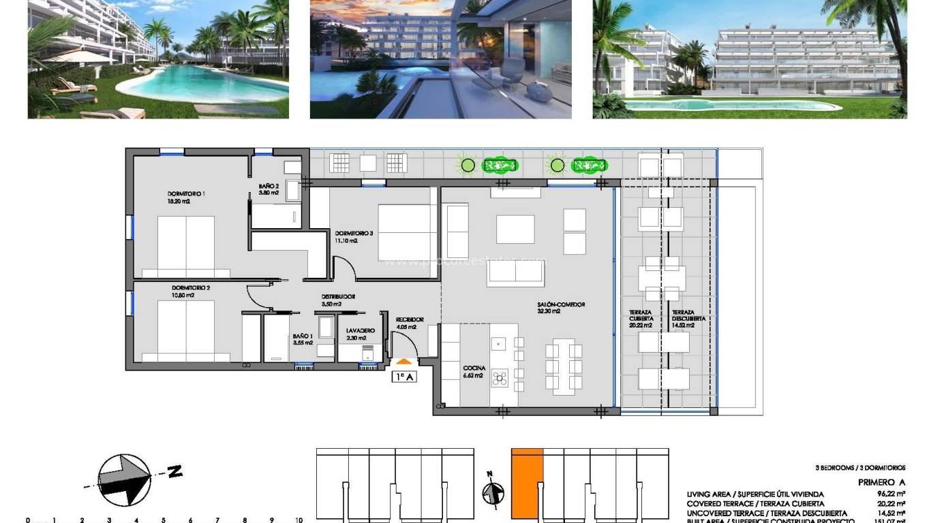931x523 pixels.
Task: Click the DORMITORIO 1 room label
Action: tap(186, 193)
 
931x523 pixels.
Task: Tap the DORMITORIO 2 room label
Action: tap(191, 287)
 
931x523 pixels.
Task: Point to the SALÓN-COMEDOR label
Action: tap(561, 305)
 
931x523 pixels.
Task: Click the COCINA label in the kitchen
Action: tap(474, 368)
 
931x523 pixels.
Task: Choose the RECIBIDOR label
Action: tap(410, 319)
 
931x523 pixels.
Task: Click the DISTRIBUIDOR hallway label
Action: tap(338, 297)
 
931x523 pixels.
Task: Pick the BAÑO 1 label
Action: tap(303, 336)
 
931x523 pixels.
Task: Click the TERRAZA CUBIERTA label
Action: tap(641, 315)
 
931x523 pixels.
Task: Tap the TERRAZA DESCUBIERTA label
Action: tap(688, 315)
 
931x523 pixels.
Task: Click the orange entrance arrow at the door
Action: tap(403, 362)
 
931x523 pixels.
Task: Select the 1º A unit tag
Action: tap(403, 377)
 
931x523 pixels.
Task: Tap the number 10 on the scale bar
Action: tap(299, 520)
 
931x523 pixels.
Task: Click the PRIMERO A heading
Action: tap(881, 482)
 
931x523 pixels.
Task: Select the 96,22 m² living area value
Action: tap(891, 494)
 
